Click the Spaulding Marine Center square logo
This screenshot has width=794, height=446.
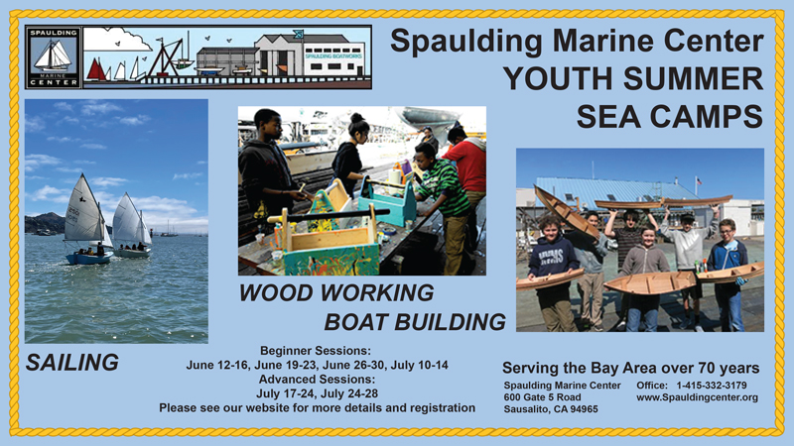54,57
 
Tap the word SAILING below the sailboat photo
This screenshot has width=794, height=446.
72,363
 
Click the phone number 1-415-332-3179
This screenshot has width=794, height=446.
712,386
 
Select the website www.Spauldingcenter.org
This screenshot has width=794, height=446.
698,397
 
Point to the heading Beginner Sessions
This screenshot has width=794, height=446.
316,351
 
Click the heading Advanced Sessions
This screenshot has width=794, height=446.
317,380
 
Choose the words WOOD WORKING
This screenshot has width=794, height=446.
336,292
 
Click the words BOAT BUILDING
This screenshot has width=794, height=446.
415,322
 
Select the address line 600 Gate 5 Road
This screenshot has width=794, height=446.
542,397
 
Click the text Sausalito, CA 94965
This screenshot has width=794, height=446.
551,409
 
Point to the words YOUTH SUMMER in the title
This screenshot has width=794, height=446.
633,79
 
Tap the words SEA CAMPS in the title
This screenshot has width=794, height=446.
670,116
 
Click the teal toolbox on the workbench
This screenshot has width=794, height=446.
387,202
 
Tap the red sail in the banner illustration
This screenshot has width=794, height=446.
95,69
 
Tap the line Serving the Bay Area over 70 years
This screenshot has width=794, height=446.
631,368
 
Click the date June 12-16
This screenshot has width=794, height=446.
217,365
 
